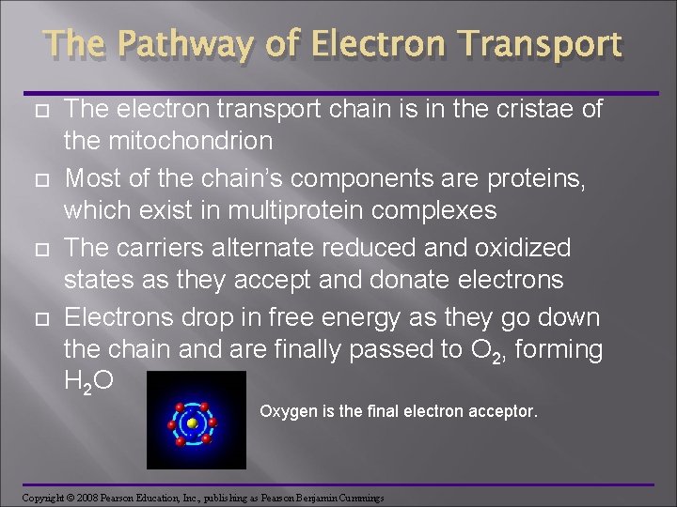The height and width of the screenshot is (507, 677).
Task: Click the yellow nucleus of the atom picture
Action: (x=192, y=422)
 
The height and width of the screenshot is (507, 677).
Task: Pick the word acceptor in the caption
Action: (x=505, y=410)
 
